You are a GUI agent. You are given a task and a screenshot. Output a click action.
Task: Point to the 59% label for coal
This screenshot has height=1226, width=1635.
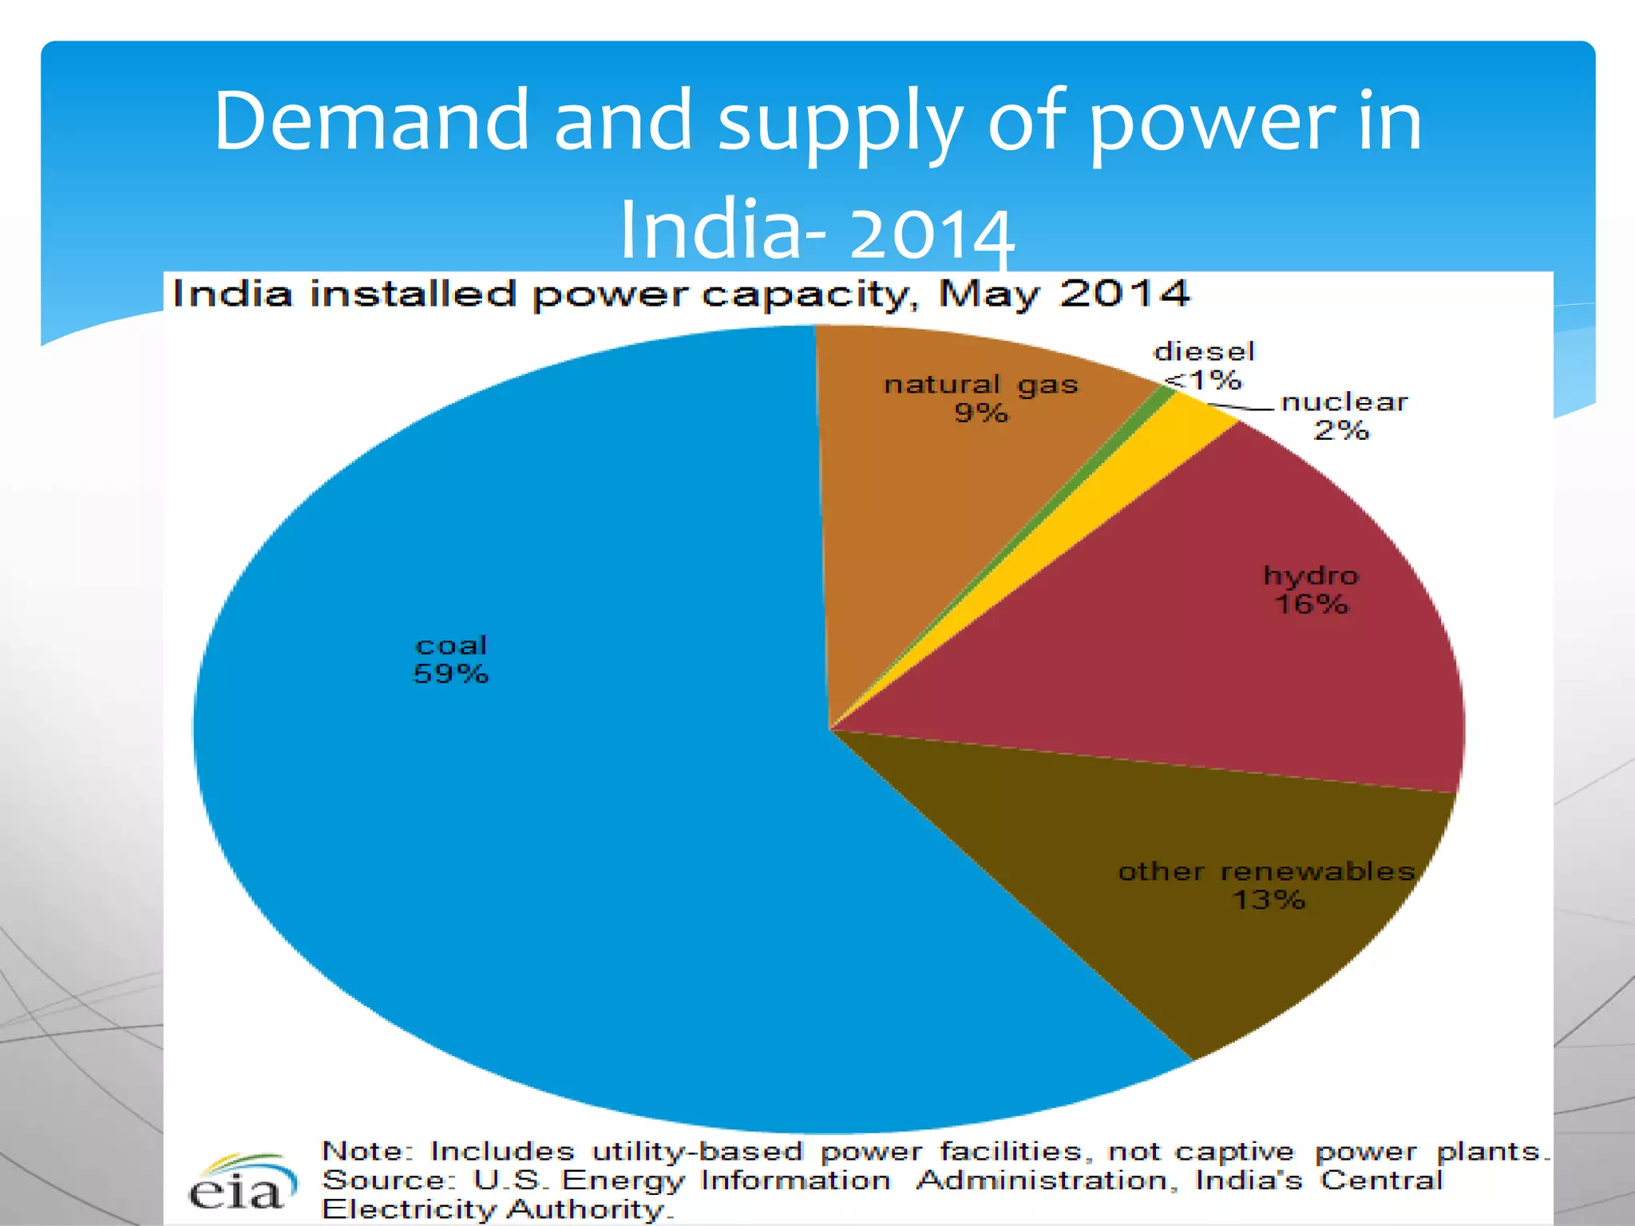point(450,674)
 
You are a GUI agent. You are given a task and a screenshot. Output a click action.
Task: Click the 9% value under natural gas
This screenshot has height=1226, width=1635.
point(981,413)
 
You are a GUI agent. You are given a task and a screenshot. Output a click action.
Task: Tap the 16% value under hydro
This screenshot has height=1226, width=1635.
point(1311,604)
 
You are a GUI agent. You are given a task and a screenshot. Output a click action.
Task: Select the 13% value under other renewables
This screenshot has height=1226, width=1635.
point(1269,900)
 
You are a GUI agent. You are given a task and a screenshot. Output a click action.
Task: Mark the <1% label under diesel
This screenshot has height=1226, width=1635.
point(1204,381)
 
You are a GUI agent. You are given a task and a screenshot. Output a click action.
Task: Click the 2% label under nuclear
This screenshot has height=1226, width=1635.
point(1341,431)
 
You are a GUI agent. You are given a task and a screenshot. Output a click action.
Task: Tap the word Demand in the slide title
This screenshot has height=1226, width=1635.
point(371,121)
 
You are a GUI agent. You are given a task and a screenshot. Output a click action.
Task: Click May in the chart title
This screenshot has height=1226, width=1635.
point(989,295)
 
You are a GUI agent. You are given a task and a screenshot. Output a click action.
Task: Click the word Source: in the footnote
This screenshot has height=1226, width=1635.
point(387,1181)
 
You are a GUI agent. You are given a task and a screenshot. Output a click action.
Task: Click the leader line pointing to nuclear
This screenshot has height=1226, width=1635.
point(1241,409)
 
